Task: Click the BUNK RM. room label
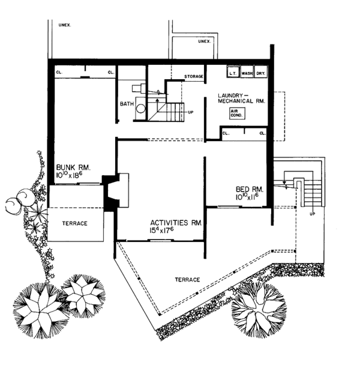pos(73,167)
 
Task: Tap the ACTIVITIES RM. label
pos(176,223)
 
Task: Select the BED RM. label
pos(250,189)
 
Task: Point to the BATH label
pos(127,104)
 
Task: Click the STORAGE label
pos(194,76)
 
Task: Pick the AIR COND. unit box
pos(237,113)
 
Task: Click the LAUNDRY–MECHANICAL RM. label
pos(241,98)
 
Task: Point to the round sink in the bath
pos(140,109)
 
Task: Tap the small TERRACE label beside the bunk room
pos(75,223)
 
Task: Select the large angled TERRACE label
pos(187,280)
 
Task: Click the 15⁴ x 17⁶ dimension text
pos(162,230)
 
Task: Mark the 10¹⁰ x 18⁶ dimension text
pos(69,175)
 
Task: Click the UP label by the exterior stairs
pos(313,214)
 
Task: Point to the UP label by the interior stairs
pos(190,112)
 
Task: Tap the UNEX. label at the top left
pos(65,25)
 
